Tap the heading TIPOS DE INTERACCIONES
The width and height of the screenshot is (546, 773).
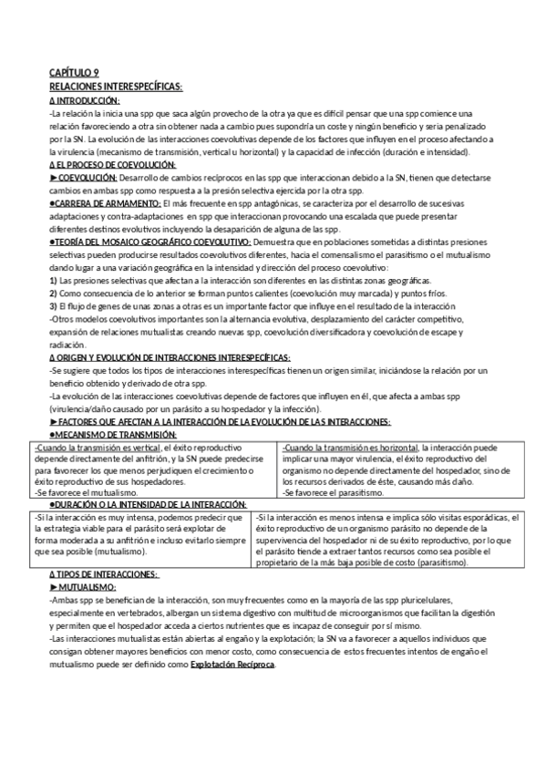click(106, 574)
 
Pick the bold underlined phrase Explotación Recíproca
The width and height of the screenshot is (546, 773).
click(232, 664)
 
